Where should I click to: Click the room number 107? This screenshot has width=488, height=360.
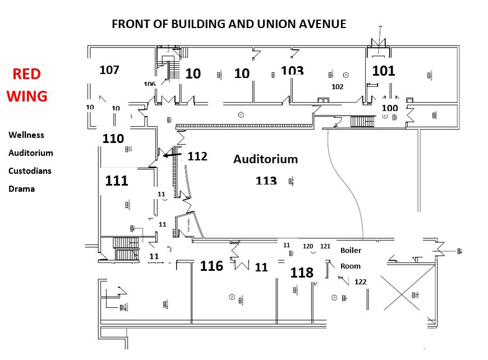(109, 70)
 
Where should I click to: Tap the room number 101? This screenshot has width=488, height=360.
(384, 71)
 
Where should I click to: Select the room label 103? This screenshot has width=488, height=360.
(292, 71)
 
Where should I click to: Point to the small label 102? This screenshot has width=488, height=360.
(338, 86)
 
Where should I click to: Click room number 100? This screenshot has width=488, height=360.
(389, 108)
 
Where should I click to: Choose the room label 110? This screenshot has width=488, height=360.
(113, 138)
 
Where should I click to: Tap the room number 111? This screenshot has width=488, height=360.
(117, 181)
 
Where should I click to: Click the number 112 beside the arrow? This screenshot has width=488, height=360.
(197, 156)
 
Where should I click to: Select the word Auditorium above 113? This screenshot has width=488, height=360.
(265, 159)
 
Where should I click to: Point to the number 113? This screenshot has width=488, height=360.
(266, 181)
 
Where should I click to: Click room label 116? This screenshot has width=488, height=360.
(211, 266)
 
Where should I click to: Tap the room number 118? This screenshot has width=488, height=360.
(302, 273)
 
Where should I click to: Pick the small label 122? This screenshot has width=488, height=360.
(360, 281)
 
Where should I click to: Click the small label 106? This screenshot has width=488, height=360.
(149, 84)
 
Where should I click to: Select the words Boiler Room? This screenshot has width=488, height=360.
(351, 258)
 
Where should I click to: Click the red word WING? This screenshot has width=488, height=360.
(27, 96)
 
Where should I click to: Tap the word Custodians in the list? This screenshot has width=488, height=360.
(30, 170)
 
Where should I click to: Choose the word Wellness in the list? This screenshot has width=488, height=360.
(26, 135)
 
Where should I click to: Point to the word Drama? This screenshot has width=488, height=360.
(21, 188)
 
